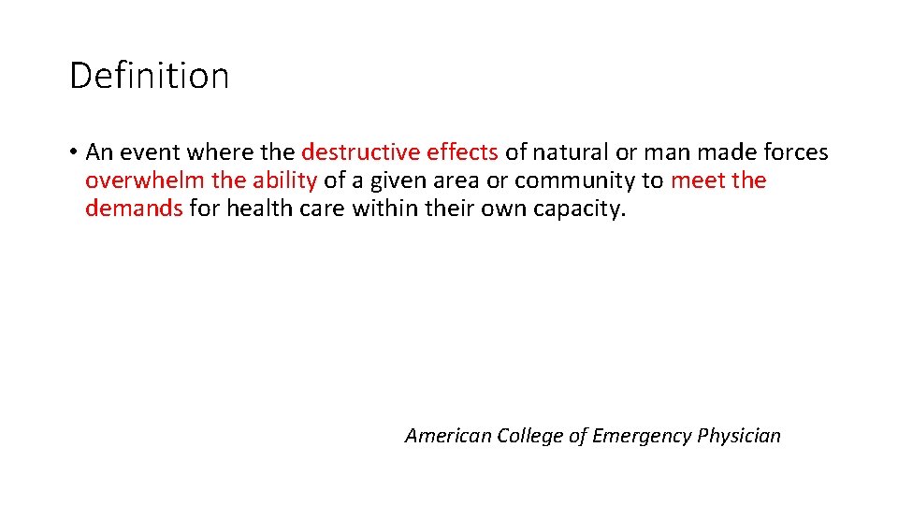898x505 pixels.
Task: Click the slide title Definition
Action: [x=149, y=76]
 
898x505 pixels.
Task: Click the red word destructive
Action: [x=360, y=151]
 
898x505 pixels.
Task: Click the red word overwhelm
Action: [x=138, y=180]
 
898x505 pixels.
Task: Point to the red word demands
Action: [x=134, y=208]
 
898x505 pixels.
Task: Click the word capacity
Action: [x=578, y=208]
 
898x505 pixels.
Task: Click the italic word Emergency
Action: [x=631, y=435]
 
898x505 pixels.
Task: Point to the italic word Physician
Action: [x=739, y=435]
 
